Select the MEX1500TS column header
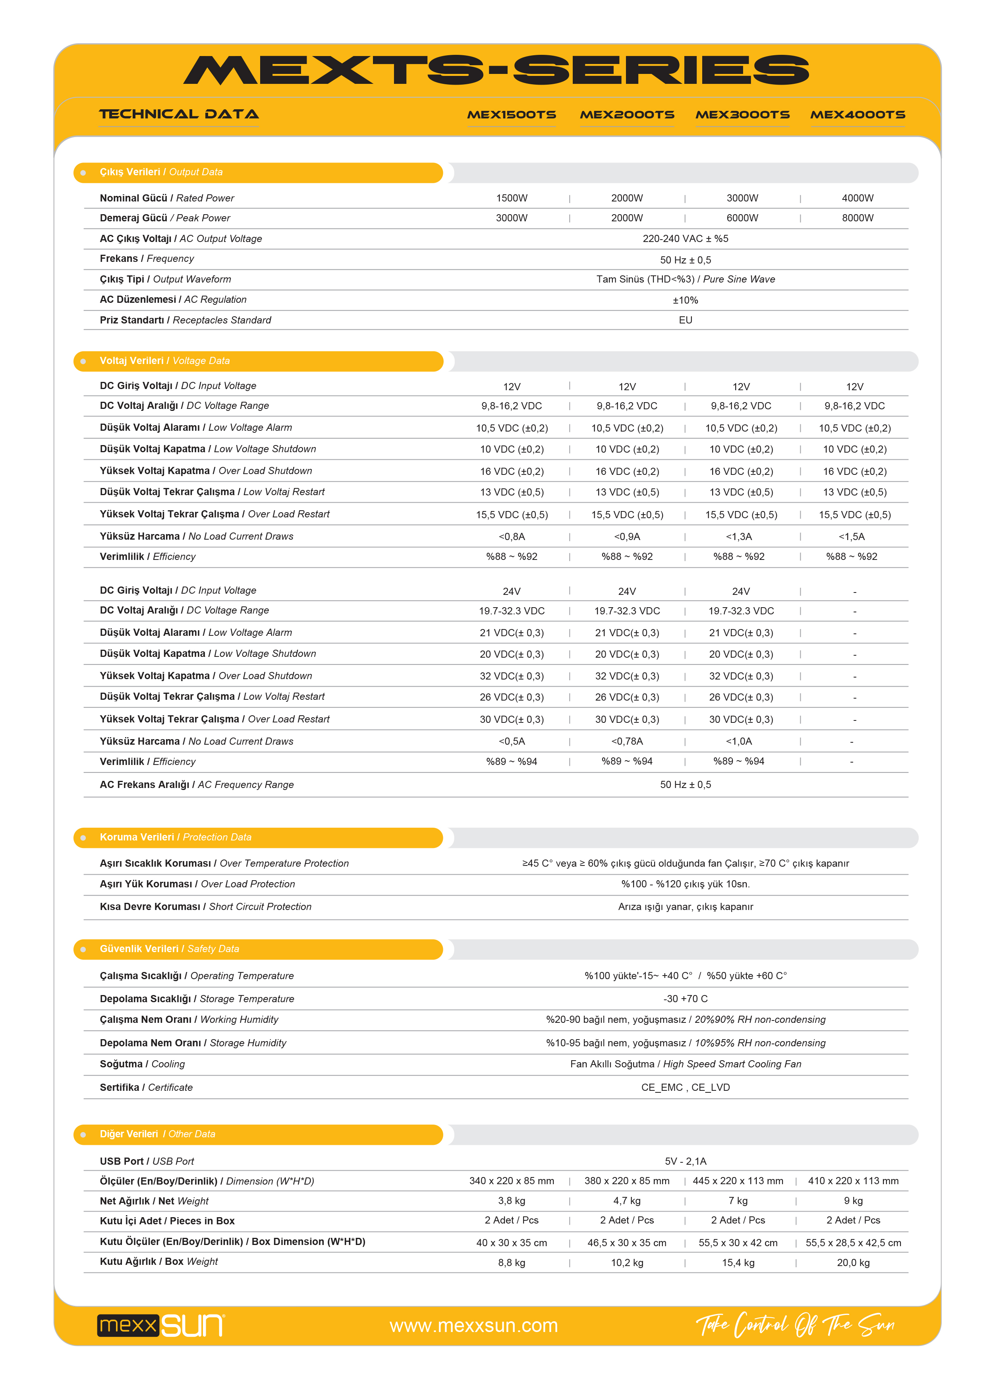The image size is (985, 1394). point(511,115)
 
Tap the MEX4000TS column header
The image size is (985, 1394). point(857,115)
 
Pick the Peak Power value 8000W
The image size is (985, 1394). point(857,218)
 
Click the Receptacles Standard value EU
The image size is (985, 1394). point(685,320)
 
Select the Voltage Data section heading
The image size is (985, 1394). point(164,361)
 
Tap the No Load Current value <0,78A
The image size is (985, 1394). point(627,742)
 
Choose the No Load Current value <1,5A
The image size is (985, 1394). point(852,537)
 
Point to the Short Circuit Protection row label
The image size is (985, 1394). point(205,906)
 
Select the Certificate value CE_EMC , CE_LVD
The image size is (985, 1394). point(685,1087)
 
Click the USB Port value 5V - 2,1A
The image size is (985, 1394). point(685,1162)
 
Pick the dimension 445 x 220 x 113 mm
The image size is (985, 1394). point(738,1181)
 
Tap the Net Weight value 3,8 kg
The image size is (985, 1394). point(511,1201)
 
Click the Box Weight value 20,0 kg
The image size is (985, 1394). point(853,1263)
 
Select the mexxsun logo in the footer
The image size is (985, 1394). point(161,1325)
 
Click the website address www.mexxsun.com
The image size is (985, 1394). point(473,1325)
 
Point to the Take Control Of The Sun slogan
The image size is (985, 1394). point(795,1324)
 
